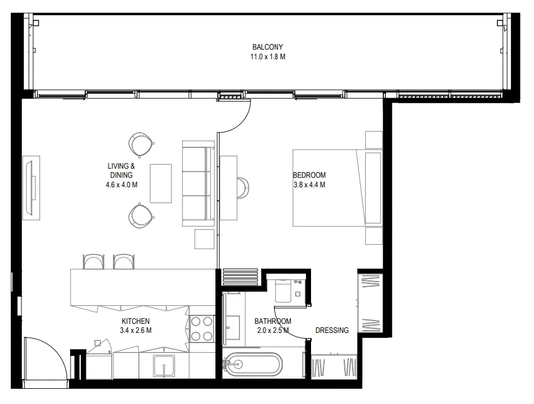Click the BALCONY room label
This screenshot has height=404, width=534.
[x=268, y=47]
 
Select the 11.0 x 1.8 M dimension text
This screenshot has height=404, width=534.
[x=268, y=57]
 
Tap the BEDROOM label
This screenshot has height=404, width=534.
[x=309, y=175]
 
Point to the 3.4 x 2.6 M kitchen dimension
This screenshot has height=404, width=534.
[x=135, y=331]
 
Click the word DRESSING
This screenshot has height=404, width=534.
[x=331, y=330]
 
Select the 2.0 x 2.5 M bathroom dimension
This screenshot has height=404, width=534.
[x=273, y=331]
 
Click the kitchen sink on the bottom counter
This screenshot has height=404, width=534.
[x=164, y=368]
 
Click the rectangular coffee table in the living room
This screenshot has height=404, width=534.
[x=160, y=183]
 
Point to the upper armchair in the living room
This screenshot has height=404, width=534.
[x=140, y=144]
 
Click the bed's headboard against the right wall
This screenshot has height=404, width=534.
[x=374, y=187]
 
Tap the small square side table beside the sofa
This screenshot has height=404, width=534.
[x=204, y=239]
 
